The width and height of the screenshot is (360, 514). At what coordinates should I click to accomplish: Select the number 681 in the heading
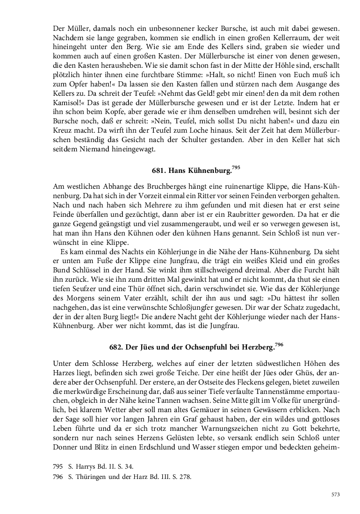click(x=159, y=171)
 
